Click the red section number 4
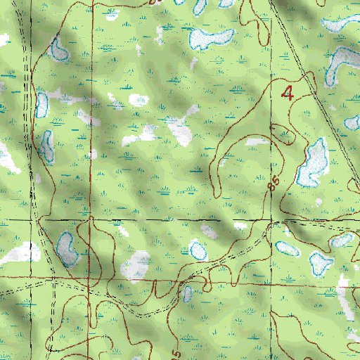click(287, 92)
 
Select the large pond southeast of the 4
click(312, 162)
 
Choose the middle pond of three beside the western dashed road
click(42, 103)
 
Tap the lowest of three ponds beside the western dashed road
click(47, 146)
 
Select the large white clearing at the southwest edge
click(21, 252)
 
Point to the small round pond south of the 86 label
click(198, 249)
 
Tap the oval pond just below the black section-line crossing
click(286, 247)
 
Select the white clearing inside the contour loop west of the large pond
click(256, 142)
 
